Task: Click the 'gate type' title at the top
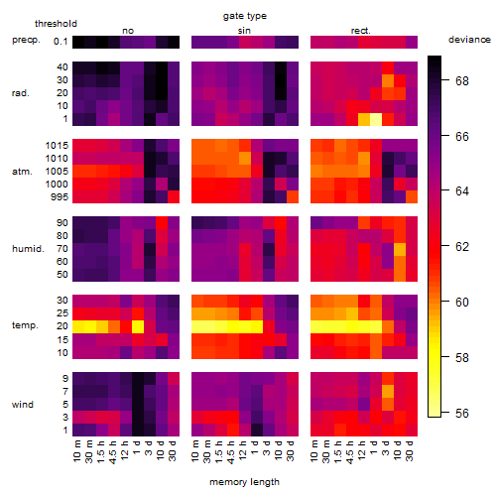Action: [245, 16]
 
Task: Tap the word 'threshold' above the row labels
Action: [56, 24]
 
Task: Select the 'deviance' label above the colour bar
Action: [469, 40]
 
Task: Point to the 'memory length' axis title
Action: [244, 482]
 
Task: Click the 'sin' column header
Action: [244, 31]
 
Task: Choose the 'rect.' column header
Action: [360, 31]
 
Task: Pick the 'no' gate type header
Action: [128, 31]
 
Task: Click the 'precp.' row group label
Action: [26, 40]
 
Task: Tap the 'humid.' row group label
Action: [28, 248]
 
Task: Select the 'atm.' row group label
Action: [22, 172]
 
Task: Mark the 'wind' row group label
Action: [23, 404]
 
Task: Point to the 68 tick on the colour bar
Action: [462, 80]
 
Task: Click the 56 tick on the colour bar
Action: [462, 413]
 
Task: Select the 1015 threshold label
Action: [57, 146]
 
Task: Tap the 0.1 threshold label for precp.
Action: [61, 42]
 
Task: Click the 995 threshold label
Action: [60, 197]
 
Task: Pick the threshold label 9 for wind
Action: [65, 378]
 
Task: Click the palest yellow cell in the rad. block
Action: [376, 119]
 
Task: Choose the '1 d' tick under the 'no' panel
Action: [138, 447]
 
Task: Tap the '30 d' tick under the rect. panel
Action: [411, 450]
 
